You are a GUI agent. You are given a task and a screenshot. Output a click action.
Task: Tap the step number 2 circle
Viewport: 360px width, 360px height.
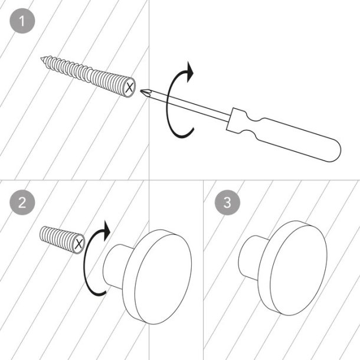pyautogui.click(x=22, y=202)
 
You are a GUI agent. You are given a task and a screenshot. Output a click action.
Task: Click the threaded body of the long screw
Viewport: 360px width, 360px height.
pyautogui.click(x=89, y=73)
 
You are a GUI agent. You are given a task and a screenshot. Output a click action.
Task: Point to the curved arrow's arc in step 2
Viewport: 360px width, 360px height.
pyautogui.click(x=86, y=266)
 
